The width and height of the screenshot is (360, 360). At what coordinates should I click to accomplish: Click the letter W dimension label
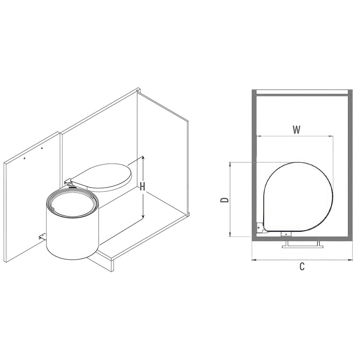[296, 130]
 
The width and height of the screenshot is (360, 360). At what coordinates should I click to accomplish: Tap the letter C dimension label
[302, 266]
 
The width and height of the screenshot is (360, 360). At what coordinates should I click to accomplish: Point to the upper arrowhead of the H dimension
[143, 158]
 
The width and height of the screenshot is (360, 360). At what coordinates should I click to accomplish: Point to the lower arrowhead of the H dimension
[143, 216]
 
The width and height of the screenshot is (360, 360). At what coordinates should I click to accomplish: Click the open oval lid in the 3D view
[101, 176]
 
